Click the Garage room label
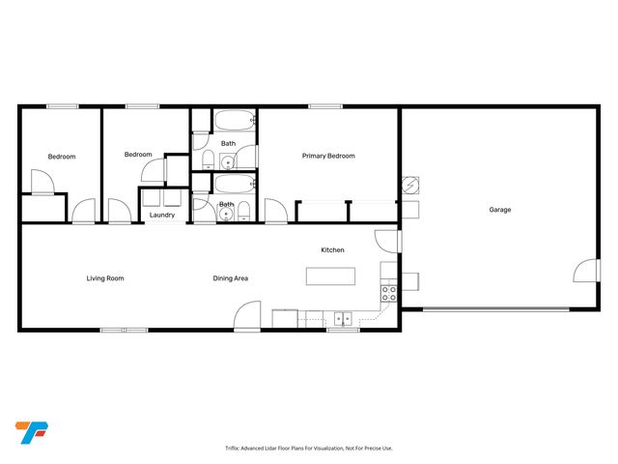click(499, 210)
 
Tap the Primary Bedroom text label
click(328, 156)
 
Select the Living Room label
click(105, 278)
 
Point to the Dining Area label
click(231, 278)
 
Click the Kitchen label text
click(332, 250)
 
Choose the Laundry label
click(161, 215)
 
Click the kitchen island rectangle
click(330, 276)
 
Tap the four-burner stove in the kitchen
click(390, 293)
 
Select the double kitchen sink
click(343, 318)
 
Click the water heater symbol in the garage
click(409, 185)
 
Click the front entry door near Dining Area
click(248, 316)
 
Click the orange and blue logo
click(31, 432)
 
